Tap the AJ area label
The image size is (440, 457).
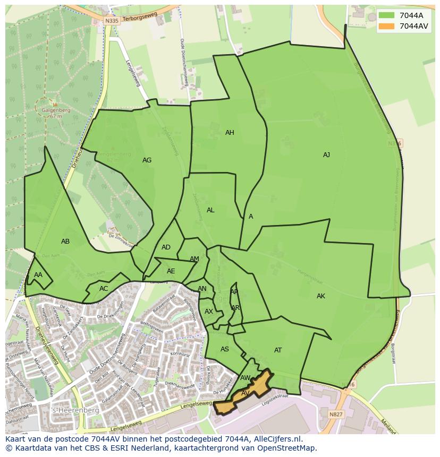(x=326, y=155)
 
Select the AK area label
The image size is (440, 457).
(x=320, y=296)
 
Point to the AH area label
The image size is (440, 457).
(x=230, y=133)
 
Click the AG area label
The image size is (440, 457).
(x=147, y=160)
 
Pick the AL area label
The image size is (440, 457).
(x=210, y=210)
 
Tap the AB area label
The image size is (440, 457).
(x=65, y=242)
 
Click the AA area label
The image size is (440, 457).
(x=38, y=275)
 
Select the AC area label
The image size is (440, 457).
(x=104, y=289)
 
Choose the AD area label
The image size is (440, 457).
(x=166, y=247)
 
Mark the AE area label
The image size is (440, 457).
(x=171, y=271)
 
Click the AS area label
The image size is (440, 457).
(x=225, y=349)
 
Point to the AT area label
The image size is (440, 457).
(x=278, y=350)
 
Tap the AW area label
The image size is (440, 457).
(x=245, y=378)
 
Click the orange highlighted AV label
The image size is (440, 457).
(x=245, y=393)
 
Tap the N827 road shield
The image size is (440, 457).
(x=336, y=414)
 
